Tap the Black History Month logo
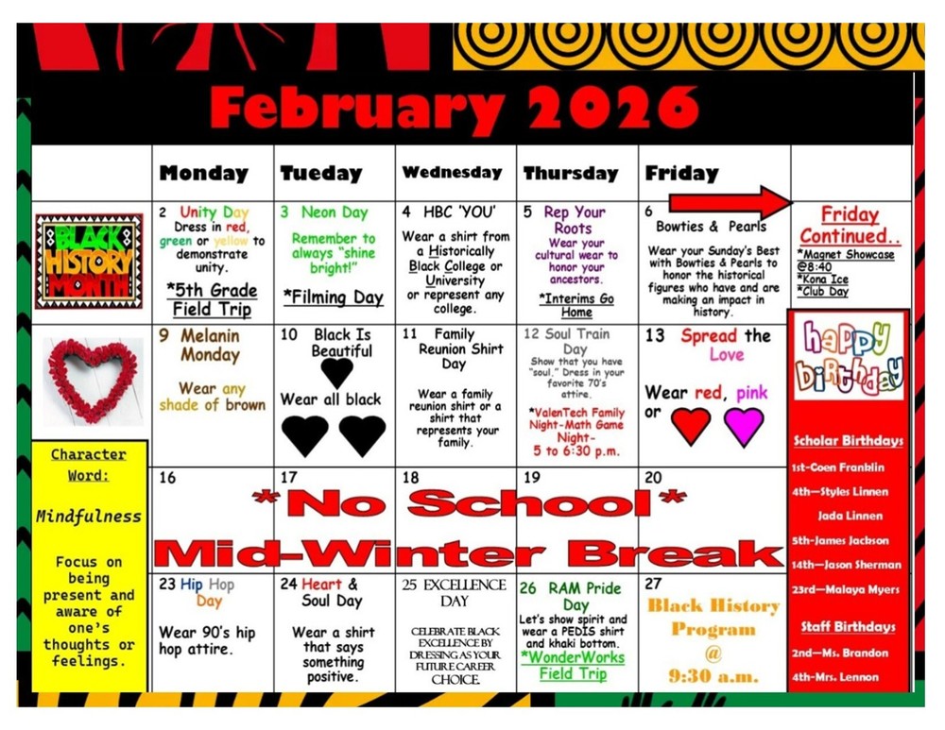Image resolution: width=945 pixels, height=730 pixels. [89, 261]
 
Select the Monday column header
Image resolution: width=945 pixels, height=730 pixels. [203, 173]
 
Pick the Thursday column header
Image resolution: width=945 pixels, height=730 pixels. [570, 173]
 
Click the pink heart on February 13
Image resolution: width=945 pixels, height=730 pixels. [744, 426]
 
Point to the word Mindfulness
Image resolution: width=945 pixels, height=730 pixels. [89, 517]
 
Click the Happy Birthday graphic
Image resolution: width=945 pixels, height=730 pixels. [849, 358]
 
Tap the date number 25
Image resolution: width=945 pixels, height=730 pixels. [410, 586]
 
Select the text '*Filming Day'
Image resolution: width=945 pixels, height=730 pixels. [334, 297]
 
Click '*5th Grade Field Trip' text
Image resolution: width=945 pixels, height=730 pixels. [212, 299]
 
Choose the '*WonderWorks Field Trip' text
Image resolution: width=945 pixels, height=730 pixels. [573, 665]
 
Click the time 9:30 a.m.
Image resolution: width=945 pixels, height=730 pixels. [713, 675]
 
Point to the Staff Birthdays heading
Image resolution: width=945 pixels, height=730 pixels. [848, 626]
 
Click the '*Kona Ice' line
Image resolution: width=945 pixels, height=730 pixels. [822, 280]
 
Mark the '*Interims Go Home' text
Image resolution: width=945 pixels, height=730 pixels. [576, 305]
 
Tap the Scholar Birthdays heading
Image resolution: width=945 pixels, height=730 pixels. [848, 440]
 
